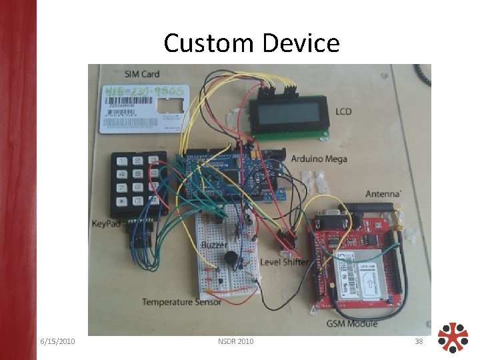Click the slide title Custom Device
(x=251, y=43)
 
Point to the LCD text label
(x=343, y=111)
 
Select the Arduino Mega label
(x=319, y=159)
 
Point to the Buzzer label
(x=213, y=246)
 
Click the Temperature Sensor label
(x=181, y=303)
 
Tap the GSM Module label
(x=352, y=323)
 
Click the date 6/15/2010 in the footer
(x=57, y=342)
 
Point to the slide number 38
(x=419, y=342)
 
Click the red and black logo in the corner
(x=453, y=339)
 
